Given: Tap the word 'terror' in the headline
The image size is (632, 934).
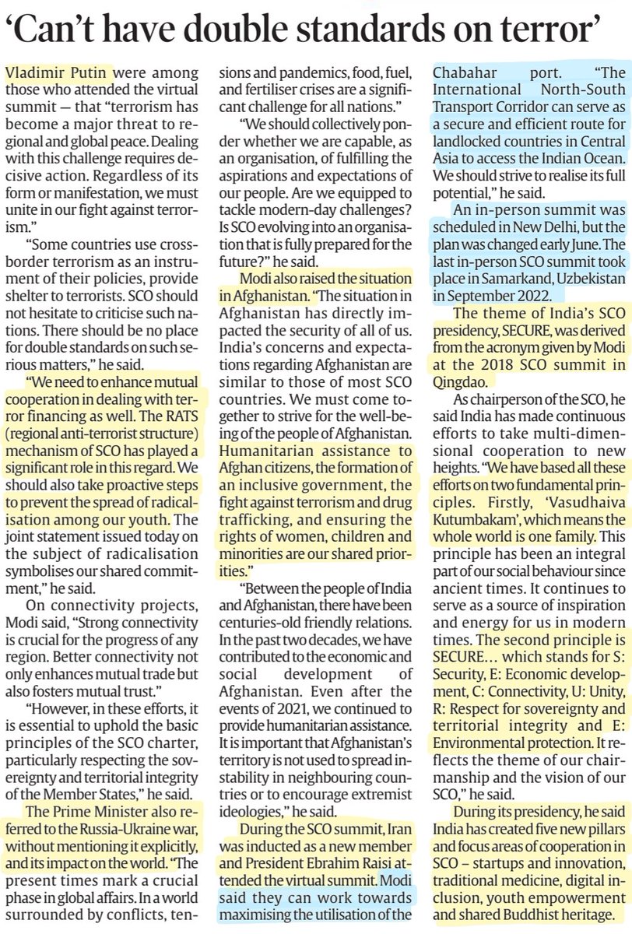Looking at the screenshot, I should click(548, 30).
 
